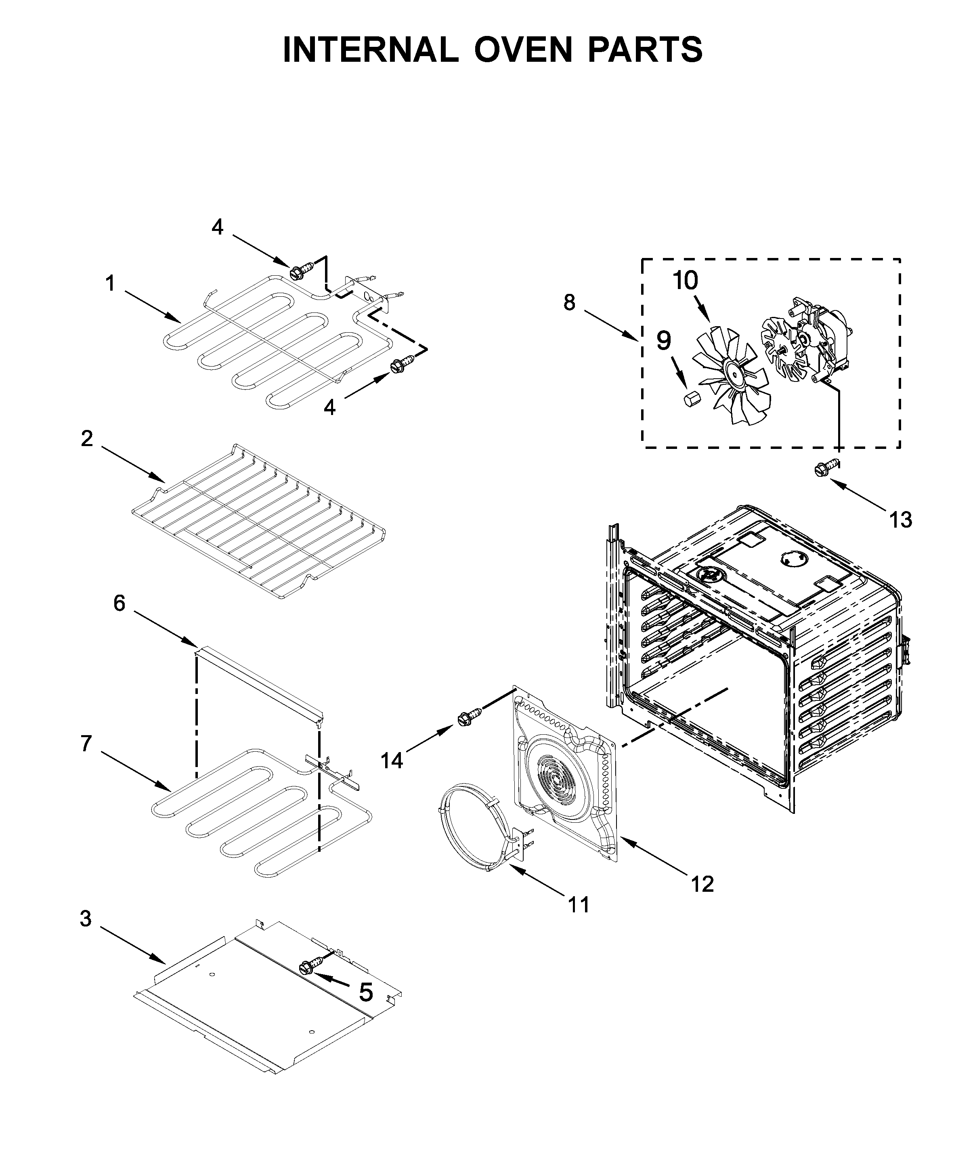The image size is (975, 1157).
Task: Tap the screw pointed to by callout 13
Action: (x=822, y=469)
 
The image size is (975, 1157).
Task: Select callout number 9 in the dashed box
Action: (x=663, y=341)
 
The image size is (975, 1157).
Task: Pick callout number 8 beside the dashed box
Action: (x=569, y=302)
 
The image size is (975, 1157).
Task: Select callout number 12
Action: (x=702, y=885)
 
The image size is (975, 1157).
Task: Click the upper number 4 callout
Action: (x=217, y=226)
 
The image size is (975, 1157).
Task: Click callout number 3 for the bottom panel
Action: (x=85, y=919)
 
